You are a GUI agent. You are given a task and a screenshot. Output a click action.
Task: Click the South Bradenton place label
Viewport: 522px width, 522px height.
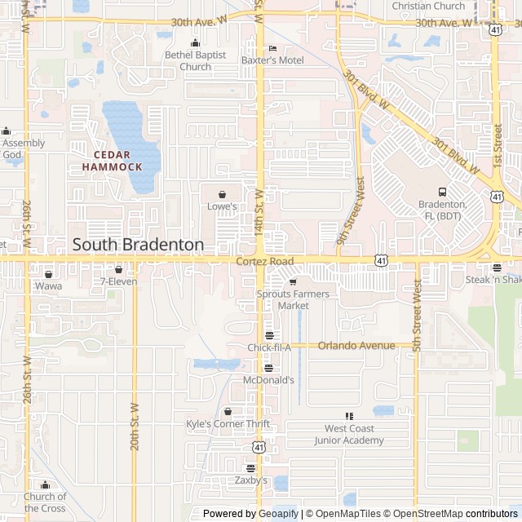pyautogui.click(x=138, y=244)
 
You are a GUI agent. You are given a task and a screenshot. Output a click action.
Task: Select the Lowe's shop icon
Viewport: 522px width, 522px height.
pyautogui.click(x=222, y=194)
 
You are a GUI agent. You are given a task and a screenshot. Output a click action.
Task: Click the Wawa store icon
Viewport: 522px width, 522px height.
pyautogui.click(x=48, y=274)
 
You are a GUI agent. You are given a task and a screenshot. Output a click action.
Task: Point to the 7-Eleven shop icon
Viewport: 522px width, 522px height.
pyautogui.click(x=119, y=269)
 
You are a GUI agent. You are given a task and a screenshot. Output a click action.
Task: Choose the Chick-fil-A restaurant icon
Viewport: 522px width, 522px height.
pyautogui.click(x=269, y=335)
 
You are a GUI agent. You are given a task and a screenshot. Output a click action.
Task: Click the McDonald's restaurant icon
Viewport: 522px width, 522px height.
pyautogui.click(x=268, y=368)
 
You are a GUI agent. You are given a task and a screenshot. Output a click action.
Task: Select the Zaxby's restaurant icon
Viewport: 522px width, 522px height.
pyautogui.click(x=251, y=468)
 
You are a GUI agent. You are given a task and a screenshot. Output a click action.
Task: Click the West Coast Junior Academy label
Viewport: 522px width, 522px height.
pyautogui.click(x=349, y=434)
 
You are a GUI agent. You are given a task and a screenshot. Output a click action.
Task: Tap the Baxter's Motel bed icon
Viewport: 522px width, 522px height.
pyautogui.click(x=272, y=48)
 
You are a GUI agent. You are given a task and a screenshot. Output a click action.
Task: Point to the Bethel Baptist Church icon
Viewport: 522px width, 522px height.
pyautogui.click(x=194, y=43)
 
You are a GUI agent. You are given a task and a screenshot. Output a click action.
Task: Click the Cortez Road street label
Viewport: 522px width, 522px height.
pyautogui.click(x=264, y=261)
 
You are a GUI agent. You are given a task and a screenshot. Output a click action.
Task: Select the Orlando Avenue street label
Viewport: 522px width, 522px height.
pyautogui.click(x=356, y=345)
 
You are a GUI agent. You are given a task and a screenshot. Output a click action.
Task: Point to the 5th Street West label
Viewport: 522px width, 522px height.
pyautogui.click(x=417, y=316)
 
